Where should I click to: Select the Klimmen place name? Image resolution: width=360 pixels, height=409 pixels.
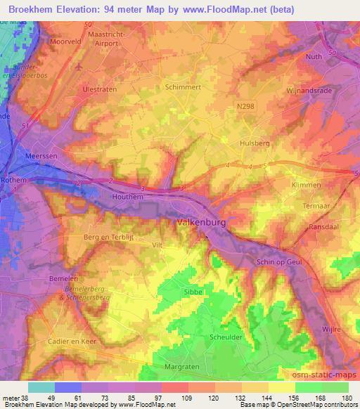[306, 184]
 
